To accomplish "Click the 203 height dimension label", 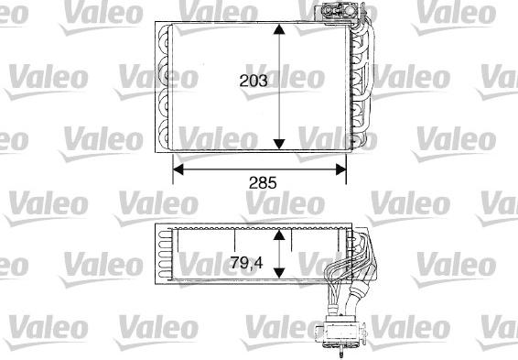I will pyautogui.click(x=254, y=82).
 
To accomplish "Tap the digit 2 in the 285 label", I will pyautogui.click(x=252, y=182).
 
